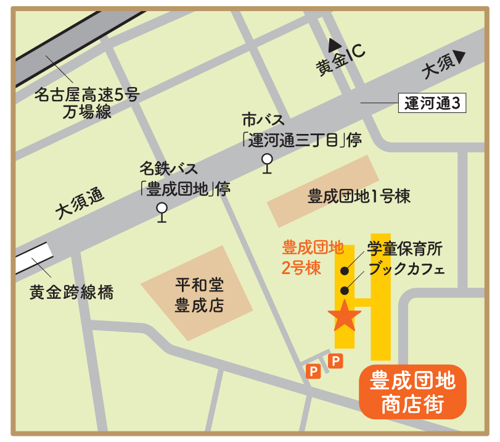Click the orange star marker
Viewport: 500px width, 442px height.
tap(344, 316)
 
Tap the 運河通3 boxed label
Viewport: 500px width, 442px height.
tap(432, 103)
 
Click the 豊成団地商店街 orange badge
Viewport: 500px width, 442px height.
tap(412, 392)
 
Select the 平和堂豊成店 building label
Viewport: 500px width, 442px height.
tap(199, 295)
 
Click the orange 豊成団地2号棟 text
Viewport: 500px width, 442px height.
tap(312, 257)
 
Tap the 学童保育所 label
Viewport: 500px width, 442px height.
tap(405, 249)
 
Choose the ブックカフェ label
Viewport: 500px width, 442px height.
tap(406, 270)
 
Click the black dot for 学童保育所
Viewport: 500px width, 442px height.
tap(344, 270)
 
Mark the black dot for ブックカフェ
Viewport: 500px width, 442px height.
tap(344, 291)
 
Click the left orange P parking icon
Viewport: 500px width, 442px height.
tap(313, 371)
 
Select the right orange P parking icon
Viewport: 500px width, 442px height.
tap(335, 361)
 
